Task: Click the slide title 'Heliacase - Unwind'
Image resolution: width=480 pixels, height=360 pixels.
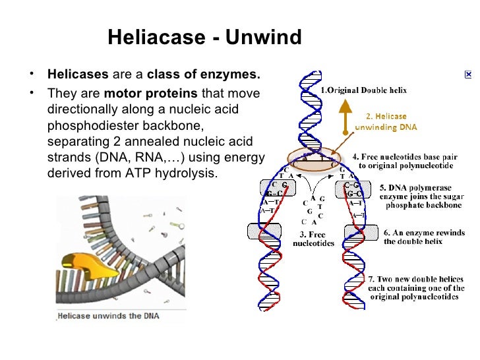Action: (x=204, y=38)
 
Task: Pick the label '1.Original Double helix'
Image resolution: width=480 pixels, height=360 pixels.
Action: (x=363, y=90)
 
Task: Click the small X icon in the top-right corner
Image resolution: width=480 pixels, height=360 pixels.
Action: (x=467, y=76)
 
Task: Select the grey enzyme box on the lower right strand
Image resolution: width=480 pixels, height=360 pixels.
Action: (x=357, y=231)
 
